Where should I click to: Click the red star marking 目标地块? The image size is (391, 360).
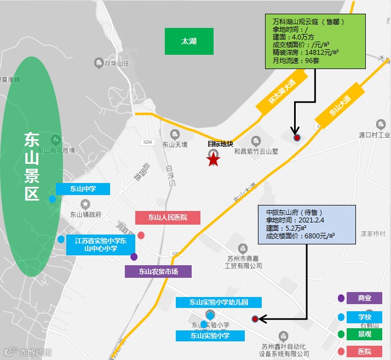[x=213, y=159]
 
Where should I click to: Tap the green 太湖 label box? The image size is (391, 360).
[x=189, y=41]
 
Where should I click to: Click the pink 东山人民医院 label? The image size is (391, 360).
[x=168, y=218]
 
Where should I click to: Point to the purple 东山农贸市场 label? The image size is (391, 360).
[x=158, y=271]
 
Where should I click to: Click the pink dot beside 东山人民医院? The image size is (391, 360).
[x=141, y=236]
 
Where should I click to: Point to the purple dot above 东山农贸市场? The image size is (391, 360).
[x=134, y=256]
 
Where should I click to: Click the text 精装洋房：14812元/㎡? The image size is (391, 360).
[x=305, y=53]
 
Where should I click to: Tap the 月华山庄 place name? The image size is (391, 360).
[x=116, y=63]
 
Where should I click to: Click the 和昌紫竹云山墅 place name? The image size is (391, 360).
[x=256, y=151]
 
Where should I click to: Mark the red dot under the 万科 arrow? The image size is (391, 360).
[x=296, y=138]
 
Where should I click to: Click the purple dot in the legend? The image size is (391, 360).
[x=341, y=298]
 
